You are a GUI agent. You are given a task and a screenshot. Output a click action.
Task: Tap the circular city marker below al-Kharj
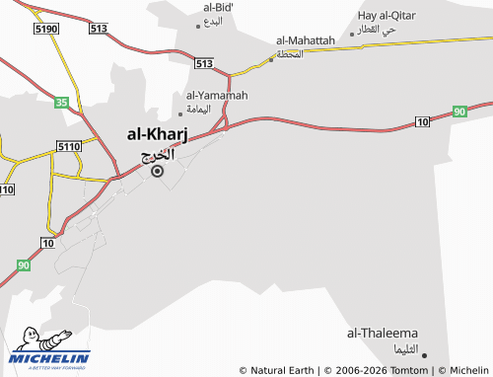point(157,171)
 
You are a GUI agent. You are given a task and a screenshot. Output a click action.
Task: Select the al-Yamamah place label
point(217,95)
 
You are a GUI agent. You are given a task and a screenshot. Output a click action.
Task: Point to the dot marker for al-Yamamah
point(179,113)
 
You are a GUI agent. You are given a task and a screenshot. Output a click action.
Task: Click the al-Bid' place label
point(221,8)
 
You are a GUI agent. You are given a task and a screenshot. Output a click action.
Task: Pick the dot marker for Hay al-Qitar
point(351,34)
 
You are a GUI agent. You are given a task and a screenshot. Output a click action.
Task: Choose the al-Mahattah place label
point(306,39)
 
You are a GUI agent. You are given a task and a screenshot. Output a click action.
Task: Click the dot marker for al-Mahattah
point(271,59)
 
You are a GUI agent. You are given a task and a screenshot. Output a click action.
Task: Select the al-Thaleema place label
point(384,334)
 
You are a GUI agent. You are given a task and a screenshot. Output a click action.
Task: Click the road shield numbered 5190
point(45,30)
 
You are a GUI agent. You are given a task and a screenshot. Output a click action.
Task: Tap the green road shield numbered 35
point(61,102)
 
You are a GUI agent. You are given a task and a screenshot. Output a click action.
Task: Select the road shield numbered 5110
point(69,146)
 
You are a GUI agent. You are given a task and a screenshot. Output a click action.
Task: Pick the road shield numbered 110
point(7,189)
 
